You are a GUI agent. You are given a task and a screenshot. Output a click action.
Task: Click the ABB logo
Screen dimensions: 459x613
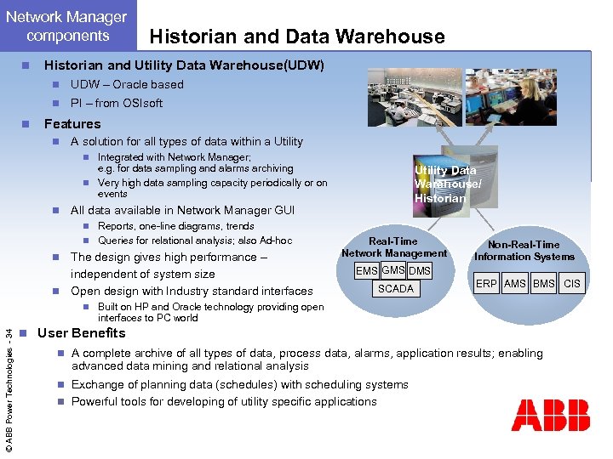pyautogui.click(x=550, y=416)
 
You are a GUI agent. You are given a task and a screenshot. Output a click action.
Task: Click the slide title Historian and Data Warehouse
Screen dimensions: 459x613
pyautogui.click(x=296, y=36)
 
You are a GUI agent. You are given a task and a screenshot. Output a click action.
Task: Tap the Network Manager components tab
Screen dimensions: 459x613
pyautogui.click(x=67, y=26)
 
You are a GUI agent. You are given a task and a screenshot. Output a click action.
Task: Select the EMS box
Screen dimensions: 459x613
pyautogui.click(x=367, y=270)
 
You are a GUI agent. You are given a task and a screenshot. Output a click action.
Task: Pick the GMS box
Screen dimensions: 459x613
pyautogui.click(x=393, y=270)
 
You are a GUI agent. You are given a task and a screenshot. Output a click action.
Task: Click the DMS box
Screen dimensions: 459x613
pyautogui.click(x=420, y=270)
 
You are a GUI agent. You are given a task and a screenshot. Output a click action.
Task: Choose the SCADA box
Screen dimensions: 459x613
pyautogui.click(x=395, y=289)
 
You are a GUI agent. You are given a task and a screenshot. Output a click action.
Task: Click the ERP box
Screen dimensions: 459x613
pyautogui.click(x=486, y=284)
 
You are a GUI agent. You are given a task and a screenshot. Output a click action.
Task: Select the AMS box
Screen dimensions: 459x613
pyautogui.click(x=515, y=284)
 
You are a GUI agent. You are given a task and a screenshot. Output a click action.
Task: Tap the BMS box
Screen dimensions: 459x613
pyautogui.click(x=544, y=284)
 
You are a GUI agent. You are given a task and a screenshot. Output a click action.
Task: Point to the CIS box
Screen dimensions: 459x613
pyautogui.click(x=573, y=284)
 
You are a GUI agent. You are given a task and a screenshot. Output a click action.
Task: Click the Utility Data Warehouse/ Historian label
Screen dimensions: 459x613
pyautogui.click(x=446, y=184)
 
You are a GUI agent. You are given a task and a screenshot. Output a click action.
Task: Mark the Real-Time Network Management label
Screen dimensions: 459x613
pyautogui.click(x=393, y=247)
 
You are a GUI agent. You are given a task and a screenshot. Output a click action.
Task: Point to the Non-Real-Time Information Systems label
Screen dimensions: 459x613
pyautogui.click(x=524, y=251)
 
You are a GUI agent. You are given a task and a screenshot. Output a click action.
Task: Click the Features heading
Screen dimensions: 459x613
pyautogui.click(x=72, y=123)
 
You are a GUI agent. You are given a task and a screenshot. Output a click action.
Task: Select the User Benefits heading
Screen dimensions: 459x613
pyautogui.click(x=81, y=333)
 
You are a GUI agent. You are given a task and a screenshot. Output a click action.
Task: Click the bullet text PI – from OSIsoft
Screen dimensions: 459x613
pyautogui.click(x=117, y=103)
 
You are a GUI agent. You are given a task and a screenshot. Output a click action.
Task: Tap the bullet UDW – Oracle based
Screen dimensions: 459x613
pyautogui.click(x=127, y=84)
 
